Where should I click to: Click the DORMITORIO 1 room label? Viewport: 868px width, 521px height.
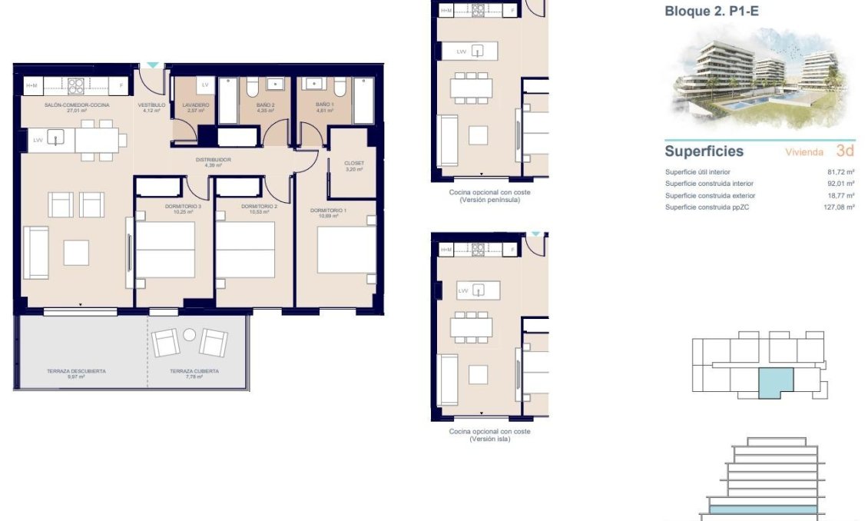tap(328, 210)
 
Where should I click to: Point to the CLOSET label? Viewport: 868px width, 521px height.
tap(353, 163)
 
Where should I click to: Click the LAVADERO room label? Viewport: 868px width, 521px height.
tap(196, 105)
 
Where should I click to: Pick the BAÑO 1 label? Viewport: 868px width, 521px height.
tap(325, 105)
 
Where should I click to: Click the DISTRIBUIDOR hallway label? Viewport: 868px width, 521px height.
tap(213, 160)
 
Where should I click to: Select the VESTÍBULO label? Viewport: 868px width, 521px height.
tap(151, 105)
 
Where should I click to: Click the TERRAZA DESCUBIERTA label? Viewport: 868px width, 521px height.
tap(76, 371)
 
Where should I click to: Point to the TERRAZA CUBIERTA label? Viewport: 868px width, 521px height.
tap(194, 371)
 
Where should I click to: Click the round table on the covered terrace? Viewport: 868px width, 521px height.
tap(190, 334)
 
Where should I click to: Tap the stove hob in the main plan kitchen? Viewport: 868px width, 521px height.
tap(76, 86)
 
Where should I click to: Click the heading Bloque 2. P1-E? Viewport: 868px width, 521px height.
tap(711, 12)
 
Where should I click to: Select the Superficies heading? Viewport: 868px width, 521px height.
tap(704, 151)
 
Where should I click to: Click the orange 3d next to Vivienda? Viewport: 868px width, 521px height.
tap(845, 151)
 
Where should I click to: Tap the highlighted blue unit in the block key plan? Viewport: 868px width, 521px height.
tap(775, 382)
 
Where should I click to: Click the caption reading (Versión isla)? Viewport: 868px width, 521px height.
tap(489, 439)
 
